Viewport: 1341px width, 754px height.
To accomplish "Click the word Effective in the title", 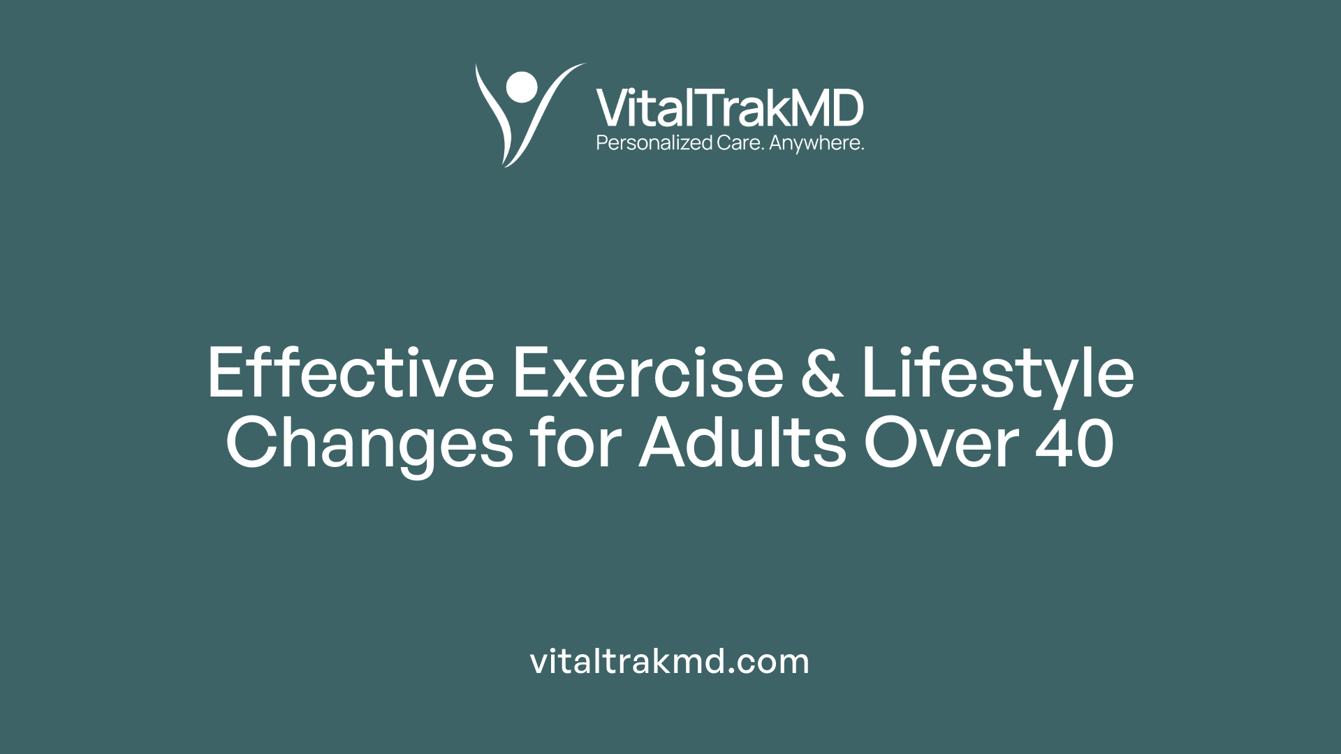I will coord(351,374).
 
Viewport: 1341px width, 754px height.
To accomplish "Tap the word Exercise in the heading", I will coord(648,374).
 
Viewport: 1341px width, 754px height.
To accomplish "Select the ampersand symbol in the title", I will coord(822,374).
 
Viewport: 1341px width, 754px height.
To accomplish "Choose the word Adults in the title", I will coord(742,443).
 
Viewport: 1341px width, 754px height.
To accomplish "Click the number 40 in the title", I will coord(1076,443).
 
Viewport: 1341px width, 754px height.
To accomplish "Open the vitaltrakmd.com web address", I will coord(670,661).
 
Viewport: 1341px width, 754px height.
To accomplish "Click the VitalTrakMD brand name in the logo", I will coord(730,109).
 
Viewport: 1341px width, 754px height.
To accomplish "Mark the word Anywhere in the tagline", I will coord(816,143).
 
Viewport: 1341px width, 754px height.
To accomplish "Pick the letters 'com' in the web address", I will coord(776,662).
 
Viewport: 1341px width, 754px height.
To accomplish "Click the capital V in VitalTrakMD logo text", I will coord(612,109).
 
